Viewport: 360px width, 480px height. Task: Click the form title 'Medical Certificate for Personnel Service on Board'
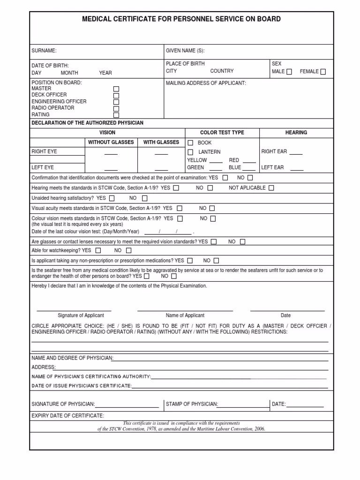pyautogui.click(x=181, y=19)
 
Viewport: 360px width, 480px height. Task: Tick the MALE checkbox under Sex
pyautogui.click(x=289, y=72)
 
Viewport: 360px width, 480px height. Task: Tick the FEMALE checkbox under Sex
pyautogui.click(x=323, y=72)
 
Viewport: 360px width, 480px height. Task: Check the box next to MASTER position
pyautogui.click(x=116, y=89)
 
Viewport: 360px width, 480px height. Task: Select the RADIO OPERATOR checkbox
pyautogui.click(x=116, y=108)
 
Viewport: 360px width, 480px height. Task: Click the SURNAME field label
pyautogui.click(x=44, y=51)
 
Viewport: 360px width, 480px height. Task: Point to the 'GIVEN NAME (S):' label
pyautogui.click(x=185, y=51)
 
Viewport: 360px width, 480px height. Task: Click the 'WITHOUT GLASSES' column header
pyautogui.click(x=111, y=142)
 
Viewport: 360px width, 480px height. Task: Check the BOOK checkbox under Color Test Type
pyautogui.click(x=190, y=142)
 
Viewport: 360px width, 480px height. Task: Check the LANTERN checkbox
pyautogui.click(x=190, y=152)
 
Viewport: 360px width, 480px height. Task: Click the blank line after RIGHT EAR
pyautogui.click(x=296, y=152)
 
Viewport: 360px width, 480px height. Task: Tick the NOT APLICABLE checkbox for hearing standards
pyautogui.click(x=271, y=188)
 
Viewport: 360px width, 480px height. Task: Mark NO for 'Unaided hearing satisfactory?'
pyautogui.click(x=144, y=198)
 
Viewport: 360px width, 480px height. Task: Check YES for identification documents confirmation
pyautogui.click(x=225, y=178)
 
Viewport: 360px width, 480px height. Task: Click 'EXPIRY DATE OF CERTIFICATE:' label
pyautogui.click(x=68, y=416)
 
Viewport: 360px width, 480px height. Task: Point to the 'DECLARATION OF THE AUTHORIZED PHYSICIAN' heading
pyautogui.click(x=87, y=123)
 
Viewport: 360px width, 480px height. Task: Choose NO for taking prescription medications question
pyautogui.click(x=216, y=261)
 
